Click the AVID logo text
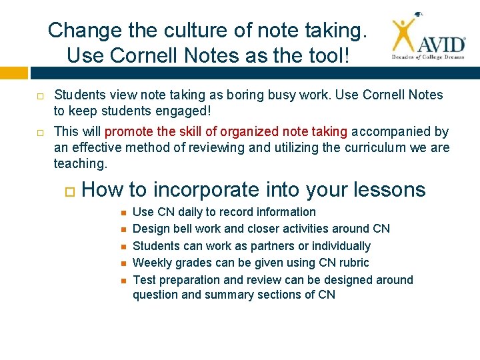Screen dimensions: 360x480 coord(441,45)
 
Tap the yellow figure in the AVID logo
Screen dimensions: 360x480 coord(404,35)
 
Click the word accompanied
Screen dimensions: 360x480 coord(393,132)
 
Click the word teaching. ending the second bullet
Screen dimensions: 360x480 coord(80,163)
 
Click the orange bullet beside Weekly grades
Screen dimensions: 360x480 coord(123,263)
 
